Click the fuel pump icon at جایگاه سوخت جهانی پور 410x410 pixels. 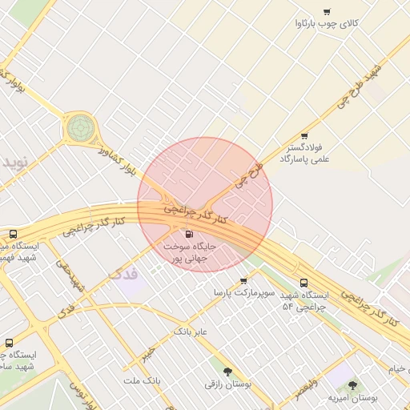(189, 235)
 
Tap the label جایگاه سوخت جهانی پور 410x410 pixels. (190, 253)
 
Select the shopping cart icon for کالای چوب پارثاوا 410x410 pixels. (327, 11)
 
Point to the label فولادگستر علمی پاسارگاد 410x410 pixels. (303, 154)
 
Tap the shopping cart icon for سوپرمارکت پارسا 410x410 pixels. (243, 280)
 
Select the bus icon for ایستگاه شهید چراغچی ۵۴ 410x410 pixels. (303, 283)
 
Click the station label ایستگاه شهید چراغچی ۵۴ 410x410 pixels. (303, 301)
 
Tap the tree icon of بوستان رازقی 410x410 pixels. (228, 371)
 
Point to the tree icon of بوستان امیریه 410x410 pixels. (352, 385)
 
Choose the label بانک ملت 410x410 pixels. (143, 380)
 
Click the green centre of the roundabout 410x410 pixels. (80, 126)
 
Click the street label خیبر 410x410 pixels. (147, 353)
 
